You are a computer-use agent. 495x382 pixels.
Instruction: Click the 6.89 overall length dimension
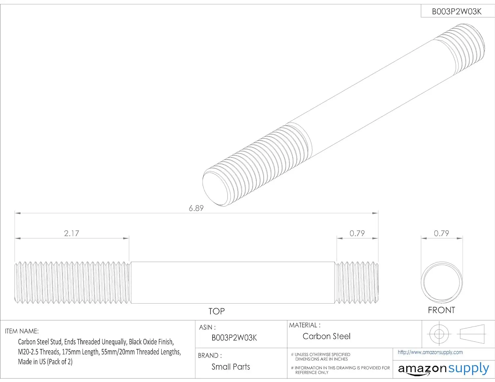[x=196, y=208]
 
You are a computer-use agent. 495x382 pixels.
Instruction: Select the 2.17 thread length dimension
[x=71, y=233]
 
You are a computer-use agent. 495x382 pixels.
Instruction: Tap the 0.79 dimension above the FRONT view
[x=441, y=233]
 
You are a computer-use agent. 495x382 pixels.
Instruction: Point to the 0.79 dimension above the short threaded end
[x=357, y=233]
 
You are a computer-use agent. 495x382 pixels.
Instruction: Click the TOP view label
[x=216, y=311]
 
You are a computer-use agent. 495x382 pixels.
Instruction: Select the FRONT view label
[x=441, y=310]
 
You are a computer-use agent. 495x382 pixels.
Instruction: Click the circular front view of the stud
[x=442, y=282]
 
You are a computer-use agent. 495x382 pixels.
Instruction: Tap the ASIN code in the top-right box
[x=457, y=12]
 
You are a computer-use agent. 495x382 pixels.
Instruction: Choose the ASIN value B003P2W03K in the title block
[x=234, y=338]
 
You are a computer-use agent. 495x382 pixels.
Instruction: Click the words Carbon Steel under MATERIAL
[x=326, y=336]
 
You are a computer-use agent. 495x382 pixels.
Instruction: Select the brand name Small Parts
[x=231, y=367]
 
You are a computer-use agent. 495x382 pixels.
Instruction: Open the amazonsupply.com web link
[x=430, y=352]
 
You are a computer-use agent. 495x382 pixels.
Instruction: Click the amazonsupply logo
[x=443, y=369]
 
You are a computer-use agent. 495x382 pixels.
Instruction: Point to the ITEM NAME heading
[x=22, y=331]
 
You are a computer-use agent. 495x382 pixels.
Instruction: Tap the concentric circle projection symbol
[x=439, y=334]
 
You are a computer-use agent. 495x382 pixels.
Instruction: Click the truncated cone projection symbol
[x=472, y=334]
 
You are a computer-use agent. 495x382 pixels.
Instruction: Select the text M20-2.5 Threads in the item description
[x=39, y=352]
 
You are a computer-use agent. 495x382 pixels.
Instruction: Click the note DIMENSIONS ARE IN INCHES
[x=321, y=359]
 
